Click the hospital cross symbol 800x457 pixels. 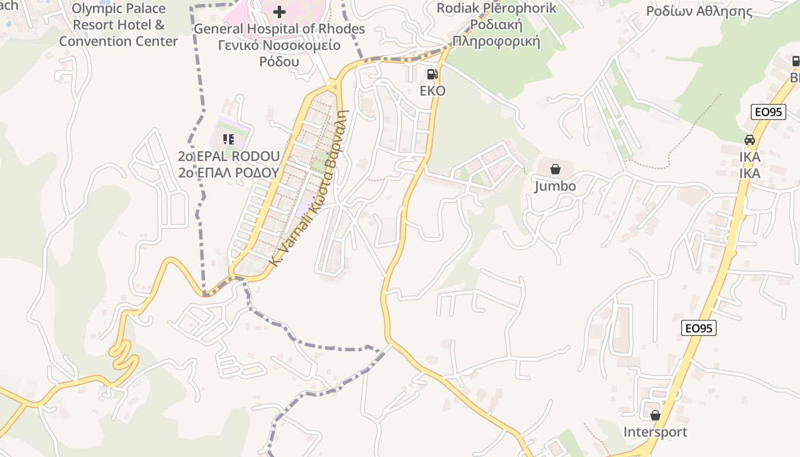coord(279,11)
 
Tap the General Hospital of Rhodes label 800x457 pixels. coord(279,29)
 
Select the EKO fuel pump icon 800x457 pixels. coord(432,74)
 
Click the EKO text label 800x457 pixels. coord(432,91)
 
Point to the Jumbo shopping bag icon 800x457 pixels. coord(555,169)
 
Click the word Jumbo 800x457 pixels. coord(555,186)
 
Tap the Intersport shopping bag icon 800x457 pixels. coord(655,415)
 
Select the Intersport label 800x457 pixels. coord(655,432)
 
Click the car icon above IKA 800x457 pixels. coord(749,139)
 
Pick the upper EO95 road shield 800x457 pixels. coord(767,112)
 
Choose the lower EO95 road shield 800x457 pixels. coord(699,328)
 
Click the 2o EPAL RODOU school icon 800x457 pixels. coord(229,139)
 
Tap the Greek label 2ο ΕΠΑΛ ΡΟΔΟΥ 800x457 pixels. coord(229,173)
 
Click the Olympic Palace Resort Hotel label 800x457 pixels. coord(118,25)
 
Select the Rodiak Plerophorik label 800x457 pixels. coord(496,9)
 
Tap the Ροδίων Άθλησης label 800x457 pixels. coord(699,11)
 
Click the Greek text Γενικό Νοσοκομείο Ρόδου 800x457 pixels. coord(279,53)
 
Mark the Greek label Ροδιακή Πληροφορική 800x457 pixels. coord(496,33)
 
